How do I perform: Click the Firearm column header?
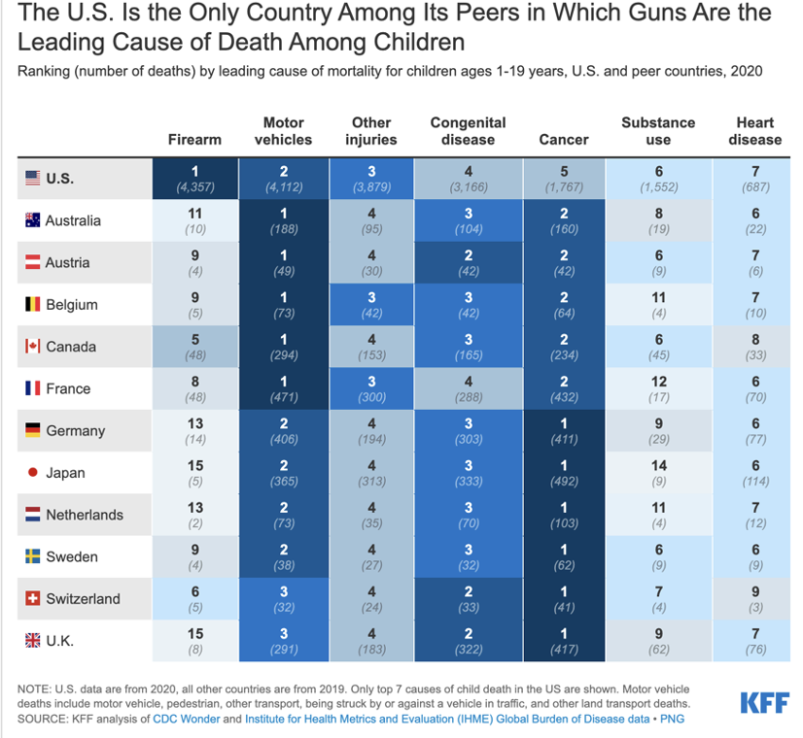[194, 139]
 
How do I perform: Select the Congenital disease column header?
[468, 131]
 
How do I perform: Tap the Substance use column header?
[658, 131]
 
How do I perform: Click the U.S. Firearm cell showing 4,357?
[194, 178]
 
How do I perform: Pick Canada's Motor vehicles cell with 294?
[283, 347]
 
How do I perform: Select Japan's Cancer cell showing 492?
[564, 473]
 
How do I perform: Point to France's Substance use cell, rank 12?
[658, 388]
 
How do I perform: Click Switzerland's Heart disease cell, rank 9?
[754, 599]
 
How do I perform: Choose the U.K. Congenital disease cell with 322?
[468, 641]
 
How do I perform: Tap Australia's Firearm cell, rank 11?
[194, 220]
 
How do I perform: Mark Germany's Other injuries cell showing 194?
[370, 430]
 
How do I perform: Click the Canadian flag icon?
[33, 347]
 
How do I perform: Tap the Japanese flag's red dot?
[33, 473]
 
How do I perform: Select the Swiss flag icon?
[33, 599]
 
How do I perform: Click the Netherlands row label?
[85, 515]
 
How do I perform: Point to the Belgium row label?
[74, 305]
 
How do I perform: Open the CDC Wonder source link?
[187, 720]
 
